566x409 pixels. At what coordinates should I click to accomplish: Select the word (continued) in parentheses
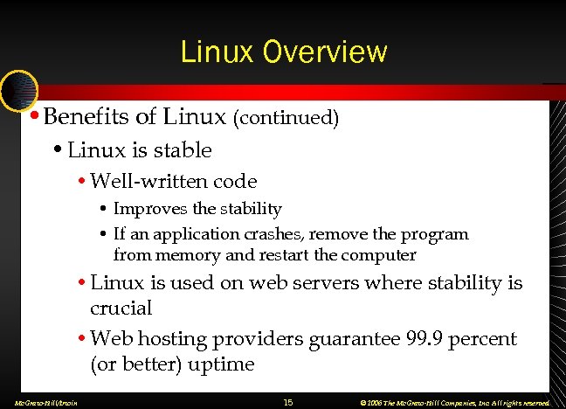(286, 117)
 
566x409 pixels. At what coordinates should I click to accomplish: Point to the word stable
(182, 150)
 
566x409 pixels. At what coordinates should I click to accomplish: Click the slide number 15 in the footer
(288, 402)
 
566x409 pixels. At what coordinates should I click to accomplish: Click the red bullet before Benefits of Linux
(32, 115)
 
